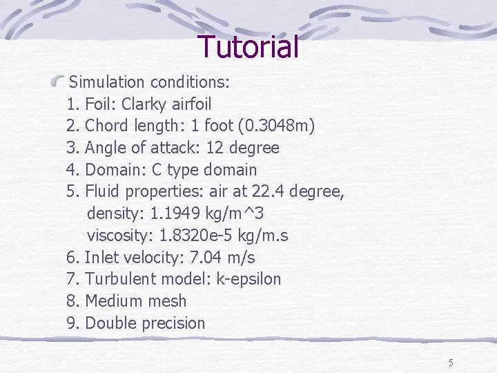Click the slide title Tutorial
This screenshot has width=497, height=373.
tap(248, 47)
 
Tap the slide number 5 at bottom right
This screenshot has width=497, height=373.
tap(451, 363)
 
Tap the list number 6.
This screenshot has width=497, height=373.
tap(72, 258)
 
